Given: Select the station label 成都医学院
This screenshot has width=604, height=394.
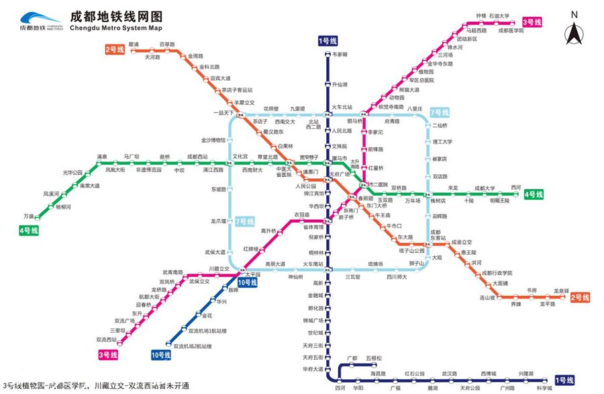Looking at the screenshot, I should (510, 31).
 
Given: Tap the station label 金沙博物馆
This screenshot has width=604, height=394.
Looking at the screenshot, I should (214, 140).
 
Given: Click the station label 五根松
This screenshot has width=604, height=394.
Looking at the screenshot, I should (374, 358).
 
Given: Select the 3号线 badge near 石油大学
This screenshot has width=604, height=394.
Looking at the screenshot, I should (537, 22).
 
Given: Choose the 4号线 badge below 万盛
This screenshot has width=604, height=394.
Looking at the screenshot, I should (29, 231).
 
